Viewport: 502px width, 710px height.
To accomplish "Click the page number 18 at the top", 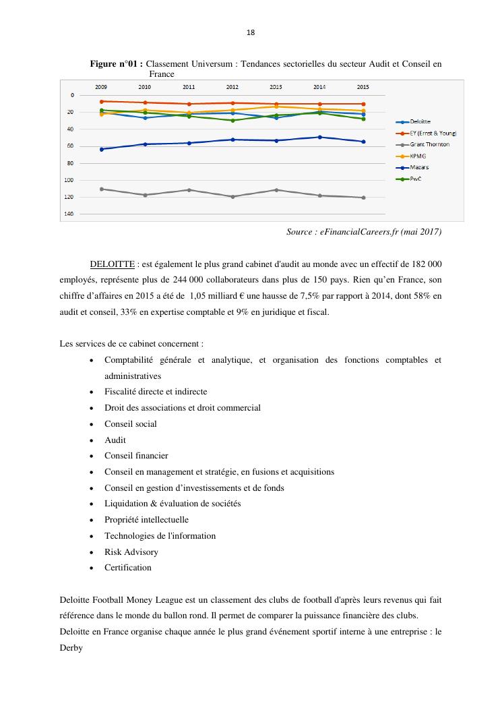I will [251, 32].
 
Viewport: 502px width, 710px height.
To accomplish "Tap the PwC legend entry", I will [416, 179].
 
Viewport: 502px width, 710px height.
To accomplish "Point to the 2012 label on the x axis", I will [232, 87].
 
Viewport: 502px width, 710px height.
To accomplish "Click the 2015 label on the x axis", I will [363, 87].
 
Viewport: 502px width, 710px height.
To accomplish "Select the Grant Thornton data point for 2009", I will [101, 189].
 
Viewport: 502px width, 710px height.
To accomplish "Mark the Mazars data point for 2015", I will [363, 142].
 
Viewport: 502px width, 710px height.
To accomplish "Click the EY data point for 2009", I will [101, 101].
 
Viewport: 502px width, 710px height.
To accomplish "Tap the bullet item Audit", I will [115, 440].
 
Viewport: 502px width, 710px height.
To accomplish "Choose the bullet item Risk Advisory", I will [131, 552].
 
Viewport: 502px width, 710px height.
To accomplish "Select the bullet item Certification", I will [127, 567].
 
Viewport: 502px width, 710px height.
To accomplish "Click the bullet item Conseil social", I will [130, 423].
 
